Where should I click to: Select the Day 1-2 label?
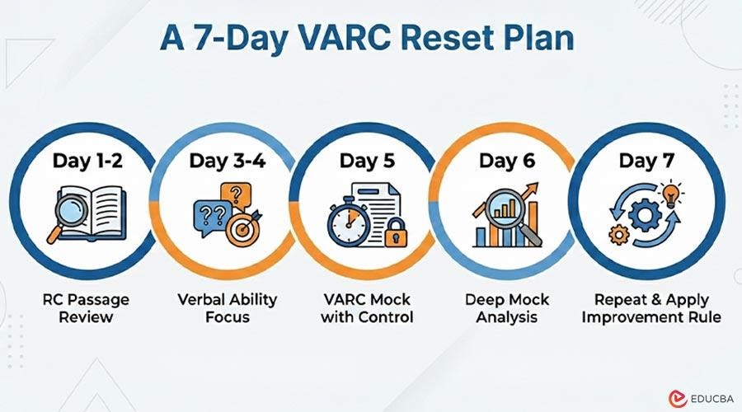(88, 161)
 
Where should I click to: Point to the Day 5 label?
(364, 161)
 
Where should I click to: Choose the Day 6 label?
(504, 161)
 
